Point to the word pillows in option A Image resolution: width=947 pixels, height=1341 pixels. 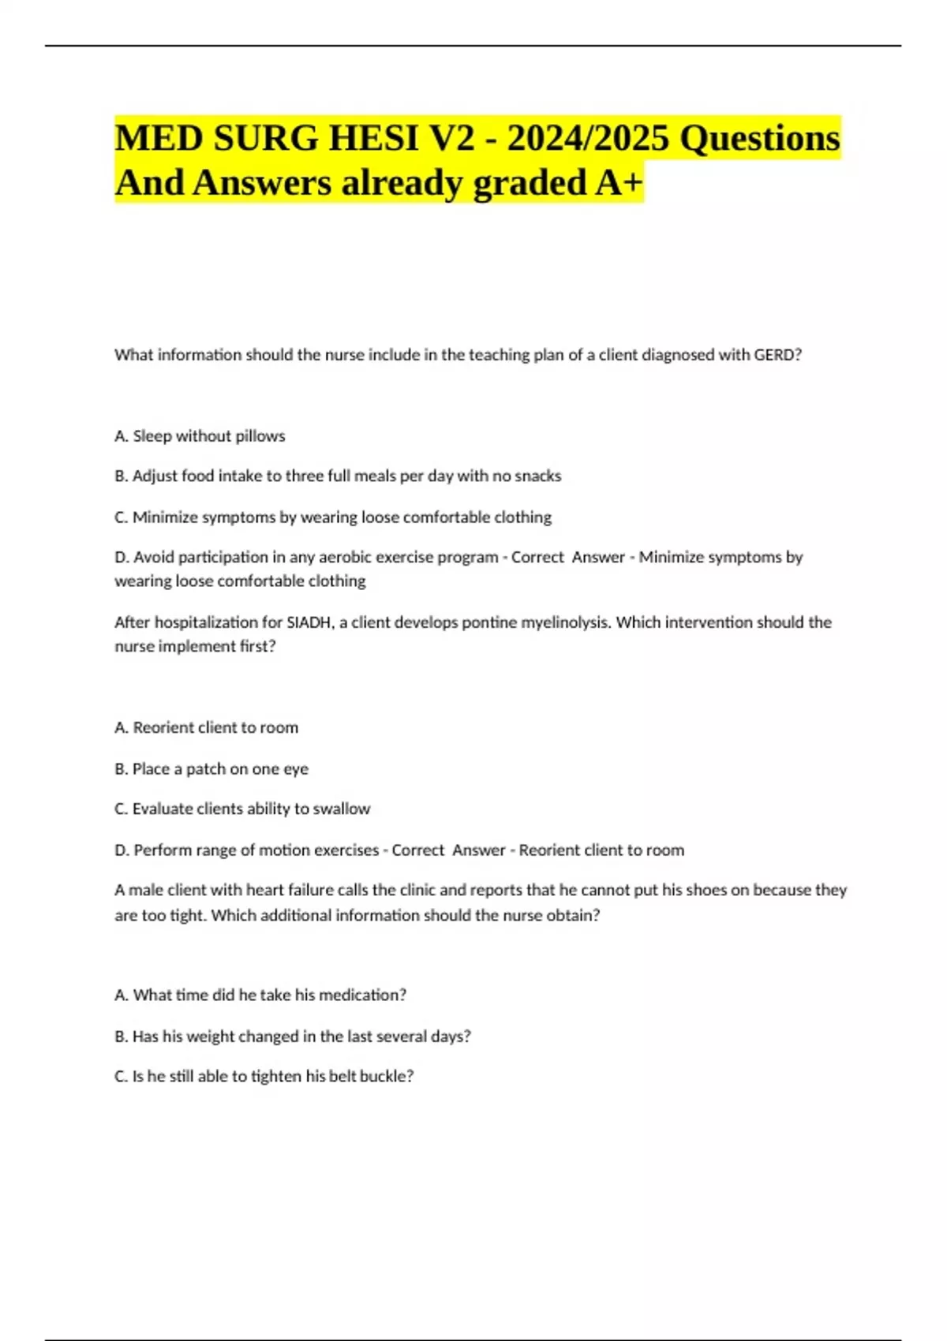click(x=260, y=436)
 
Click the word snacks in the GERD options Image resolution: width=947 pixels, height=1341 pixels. click(x=537, y=476)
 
